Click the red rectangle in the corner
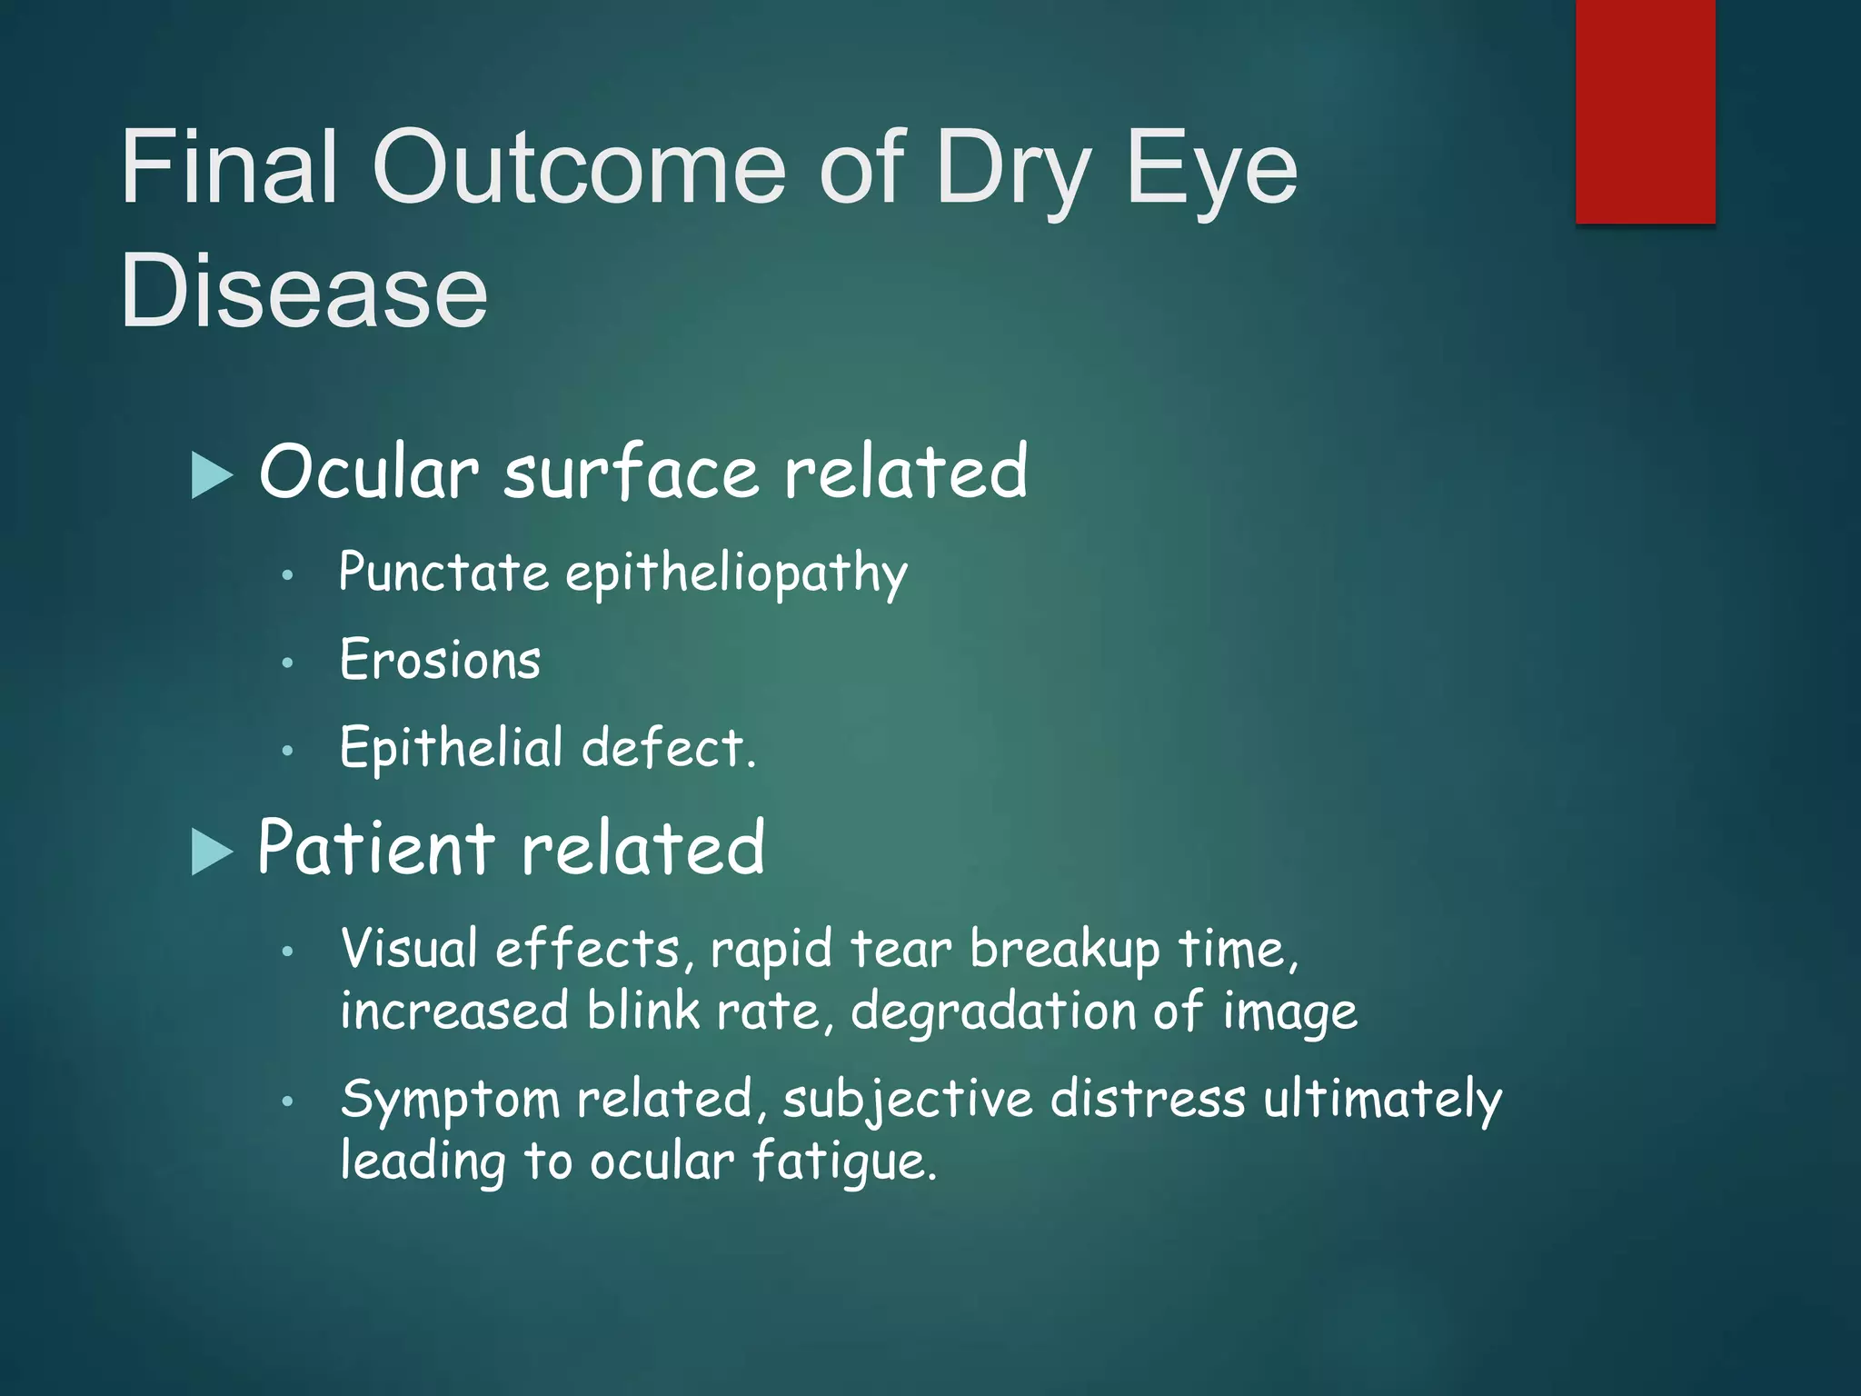pos(1645,111)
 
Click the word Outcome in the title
pos(579,168)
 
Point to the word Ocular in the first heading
pos(368,473)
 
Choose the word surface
pos(631,473)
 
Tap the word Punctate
pos(443,573)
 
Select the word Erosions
pos(441,660)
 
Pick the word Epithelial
pos(452,749)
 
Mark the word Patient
pos(375,848)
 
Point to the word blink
pos(643,1011)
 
